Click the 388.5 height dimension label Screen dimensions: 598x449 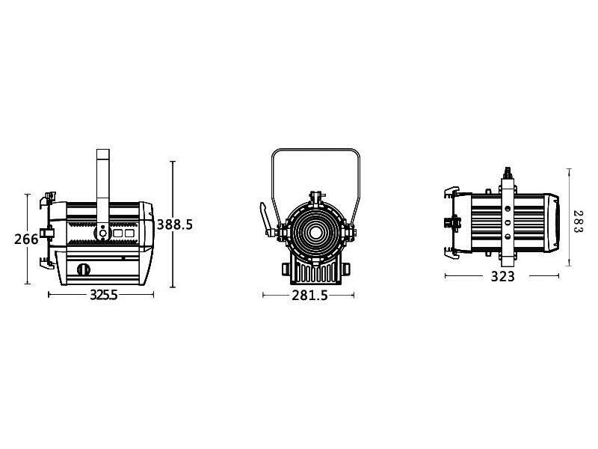175,225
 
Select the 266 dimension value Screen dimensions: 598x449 26,239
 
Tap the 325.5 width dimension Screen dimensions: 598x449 103,295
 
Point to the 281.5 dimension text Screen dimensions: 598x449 309,296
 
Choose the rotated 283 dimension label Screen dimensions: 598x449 578,222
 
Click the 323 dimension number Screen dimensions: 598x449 502,276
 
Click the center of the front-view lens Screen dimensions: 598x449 315,233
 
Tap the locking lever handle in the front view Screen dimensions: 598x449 265,219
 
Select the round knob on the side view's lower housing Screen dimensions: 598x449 84,269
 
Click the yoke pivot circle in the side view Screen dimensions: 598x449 102,233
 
